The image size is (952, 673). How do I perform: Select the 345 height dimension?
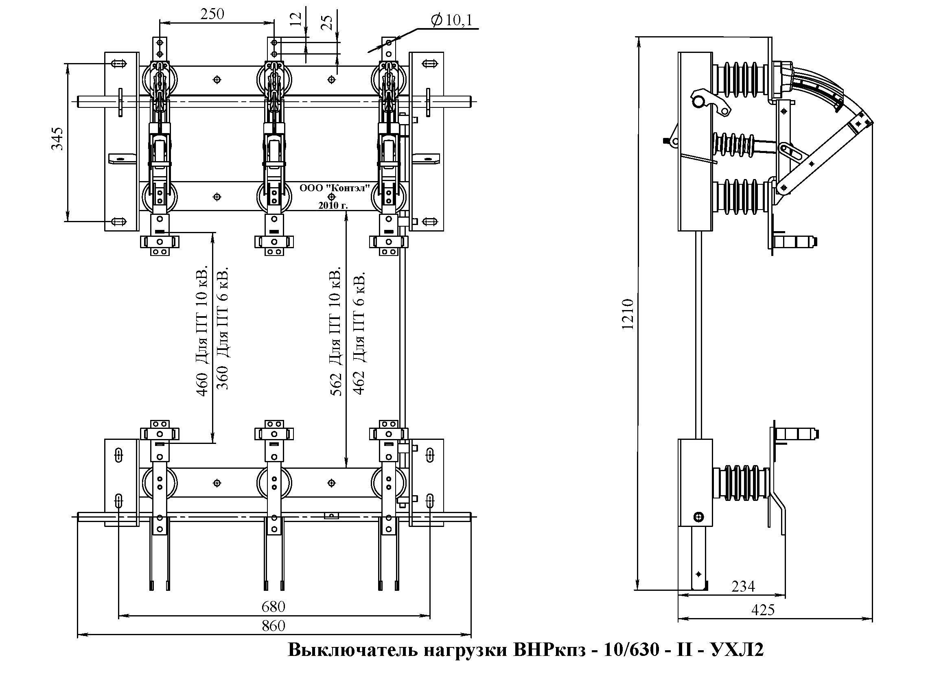click(x=57, y=138)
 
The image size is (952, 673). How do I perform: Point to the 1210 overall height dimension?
click(x=628, y=314)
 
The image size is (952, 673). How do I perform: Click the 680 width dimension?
click(x=273, y=607)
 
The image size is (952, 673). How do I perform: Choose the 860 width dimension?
click(x=273, y=626)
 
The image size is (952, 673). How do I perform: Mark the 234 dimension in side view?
click(x=743, y=587)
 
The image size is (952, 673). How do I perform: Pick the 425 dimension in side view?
click(x=762, y=610)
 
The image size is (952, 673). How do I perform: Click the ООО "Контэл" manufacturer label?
click(x=334, y=188)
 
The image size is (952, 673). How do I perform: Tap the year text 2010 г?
click(x=333, y=205)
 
